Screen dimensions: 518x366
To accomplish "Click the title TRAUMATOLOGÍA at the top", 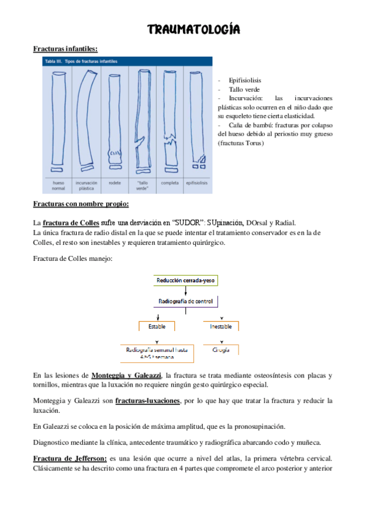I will pos(194,29).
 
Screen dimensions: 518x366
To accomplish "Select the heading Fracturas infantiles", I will pos(65,48).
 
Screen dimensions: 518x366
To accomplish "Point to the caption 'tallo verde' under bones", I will pos(142,185).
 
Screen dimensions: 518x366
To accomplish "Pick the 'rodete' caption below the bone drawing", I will pos(114,182).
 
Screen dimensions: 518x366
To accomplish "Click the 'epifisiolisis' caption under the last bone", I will pos(197,182).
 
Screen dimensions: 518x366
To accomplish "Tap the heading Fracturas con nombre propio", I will pos(81,204).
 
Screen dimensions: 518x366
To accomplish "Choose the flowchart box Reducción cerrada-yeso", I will pos(186,280).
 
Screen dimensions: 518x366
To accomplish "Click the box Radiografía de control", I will pos(185,302).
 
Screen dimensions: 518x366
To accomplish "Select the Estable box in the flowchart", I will pos(157,327).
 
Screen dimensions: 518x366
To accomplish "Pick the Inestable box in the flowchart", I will pos(220,327).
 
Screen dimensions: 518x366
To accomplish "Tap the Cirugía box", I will pos(220,350).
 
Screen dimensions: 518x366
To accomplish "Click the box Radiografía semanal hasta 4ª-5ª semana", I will pos(157,353).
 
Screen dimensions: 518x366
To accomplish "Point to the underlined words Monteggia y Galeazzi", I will pos(126,374).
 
